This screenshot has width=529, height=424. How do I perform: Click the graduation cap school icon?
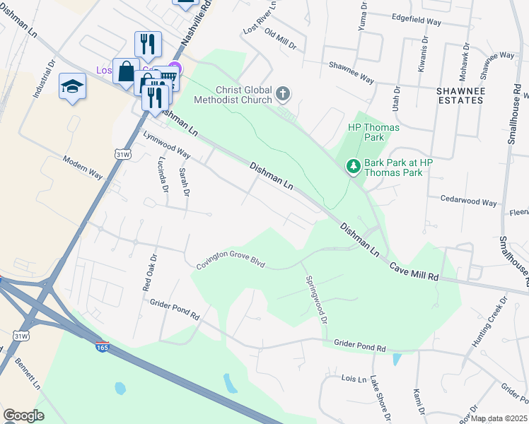point(72,86)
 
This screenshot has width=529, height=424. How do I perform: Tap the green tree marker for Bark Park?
point(352,167)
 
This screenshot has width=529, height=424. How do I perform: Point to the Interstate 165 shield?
point(103,347)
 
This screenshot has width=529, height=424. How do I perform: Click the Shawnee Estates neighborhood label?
point(460,95)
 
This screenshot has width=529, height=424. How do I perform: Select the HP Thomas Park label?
point(374,132)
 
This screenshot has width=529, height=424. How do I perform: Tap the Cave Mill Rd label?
point(414,272)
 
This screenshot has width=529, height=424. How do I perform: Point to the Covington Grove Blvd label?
point(231,264)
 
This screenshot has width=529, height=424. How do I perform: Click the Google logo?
point(23,415)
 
